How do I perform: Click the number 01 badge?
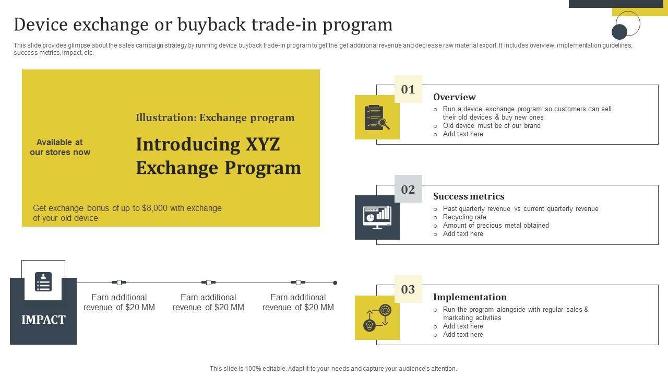(x=408, y=89)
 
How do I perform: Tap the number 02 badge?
(x=408, y=189)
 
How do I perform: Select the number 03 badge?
(x=408, y=289)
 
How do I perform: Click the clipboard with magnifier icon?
(x=377, y=118)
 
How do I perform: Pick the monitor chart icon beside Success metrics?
(x=377, y=217)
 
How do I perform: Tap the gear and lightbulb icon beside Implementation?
(x=377, y=318)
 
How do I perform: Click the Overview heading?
(x=454, y=97)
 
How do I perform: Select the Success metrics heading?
(x=469, y=196)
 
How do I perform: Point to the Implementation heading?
(x=470, y=297)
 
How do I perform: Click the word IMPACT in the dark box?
(x=43, y=320)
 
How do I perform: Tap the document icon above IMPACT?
(x=43, y=282)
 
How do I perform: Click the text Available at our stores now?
(x=60, y=147)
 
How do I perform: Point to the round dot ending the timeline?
(x=335, y=283)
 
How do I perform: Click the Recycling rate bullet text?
(x=464, y=217)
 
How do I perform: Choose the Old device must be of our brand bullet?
(x=492, y=126)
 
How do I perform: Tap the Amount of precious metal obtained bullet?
(x=496, y=226)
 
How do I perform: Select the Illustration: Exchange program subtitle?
(x=215, y=118)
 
